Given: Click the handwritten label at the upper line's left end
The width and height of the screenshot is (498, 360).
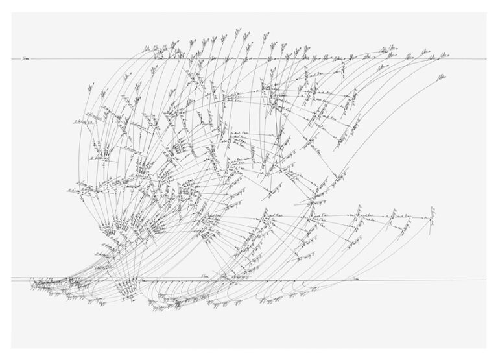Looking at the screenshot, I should point(25,58).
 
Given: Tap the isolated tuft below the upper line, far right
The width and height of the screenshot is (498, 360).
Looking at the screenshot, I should point(441,78).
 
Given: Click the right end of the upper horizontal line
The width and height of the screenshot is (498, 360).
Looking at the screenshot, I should point(486,60).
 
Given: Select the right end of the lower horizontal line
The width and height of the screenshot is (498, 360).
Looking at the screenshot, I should point(486,280).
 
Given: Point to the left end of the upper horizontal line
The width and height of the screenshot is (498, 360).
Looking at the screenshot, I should point(12,60).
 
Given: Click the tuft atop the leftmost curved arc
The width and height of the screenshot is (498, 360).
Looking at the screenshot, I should point(89,88).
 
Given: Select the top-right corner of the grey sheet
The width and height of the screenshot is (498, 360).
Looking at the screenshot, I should point(486,12).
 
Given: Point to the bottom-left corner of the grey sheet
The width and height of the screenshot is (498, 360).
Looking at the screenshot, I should point(12,348).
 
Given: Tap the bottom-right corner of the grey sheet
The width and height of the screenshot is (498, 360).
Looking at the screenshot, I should point(486,348).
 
